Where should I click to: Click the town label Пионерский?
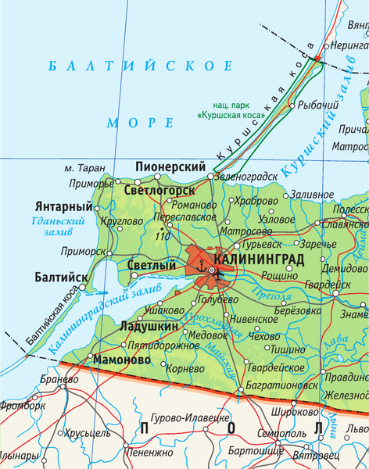click(x=170, y=166)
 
